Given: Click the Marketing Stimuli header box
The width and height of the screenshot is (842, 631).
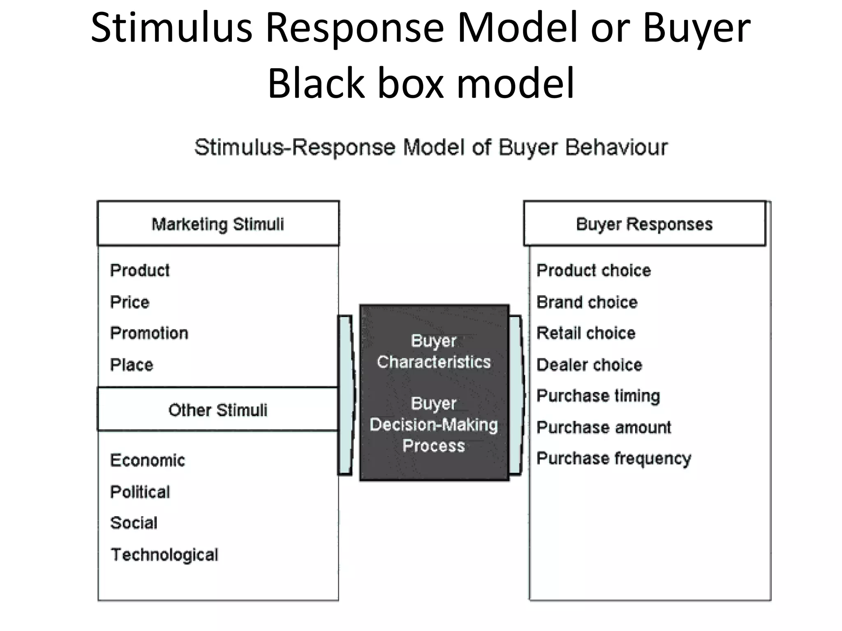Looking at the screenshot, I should [x=218, y=224].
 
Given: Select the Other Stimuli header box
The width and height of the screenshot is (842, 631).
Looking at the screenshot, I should [x=218, y=410].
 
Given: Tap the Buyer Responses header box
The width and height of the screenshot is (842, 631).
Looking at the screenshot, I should [x=644, y=224].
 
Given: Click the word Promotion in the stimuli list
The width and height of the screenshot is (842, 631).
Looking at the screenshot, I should [x=149, y=333].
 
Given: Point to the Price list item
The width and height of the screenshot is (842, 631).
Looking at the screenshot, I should [x=130, y=302].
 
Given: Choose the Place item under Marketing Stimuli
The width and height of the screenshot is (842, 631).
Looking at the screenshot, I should [x=131, y=365].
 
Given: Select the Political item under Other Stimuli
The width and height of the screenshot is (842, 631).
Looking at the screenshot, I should [x=140, y=492].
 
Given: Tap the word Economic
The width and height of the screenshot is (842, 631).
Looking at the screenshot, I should [x=147, y=460].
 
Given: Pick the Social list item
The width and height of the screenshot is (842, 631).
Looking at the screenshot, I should [x=134, y=523].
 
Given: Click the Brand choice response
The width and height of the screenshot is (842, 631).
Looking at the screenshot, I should [x=587, y=302].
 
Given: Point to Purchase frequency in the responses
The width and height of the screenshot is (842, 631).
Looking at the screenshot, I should [x=613, y=458].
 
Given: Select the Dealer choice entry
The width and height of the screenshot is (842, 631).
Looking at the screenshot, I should [x=589, y=365].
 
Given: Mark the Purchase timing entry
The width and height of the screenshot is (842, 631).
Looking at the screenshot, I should [x=598, y=396].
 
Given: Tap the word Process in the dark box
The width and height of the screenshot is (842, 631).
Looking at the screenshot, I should [x=434, y=446].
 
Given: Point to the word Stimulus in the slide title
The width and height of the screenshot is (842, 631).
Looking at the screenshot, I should [x=171, y=28].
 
